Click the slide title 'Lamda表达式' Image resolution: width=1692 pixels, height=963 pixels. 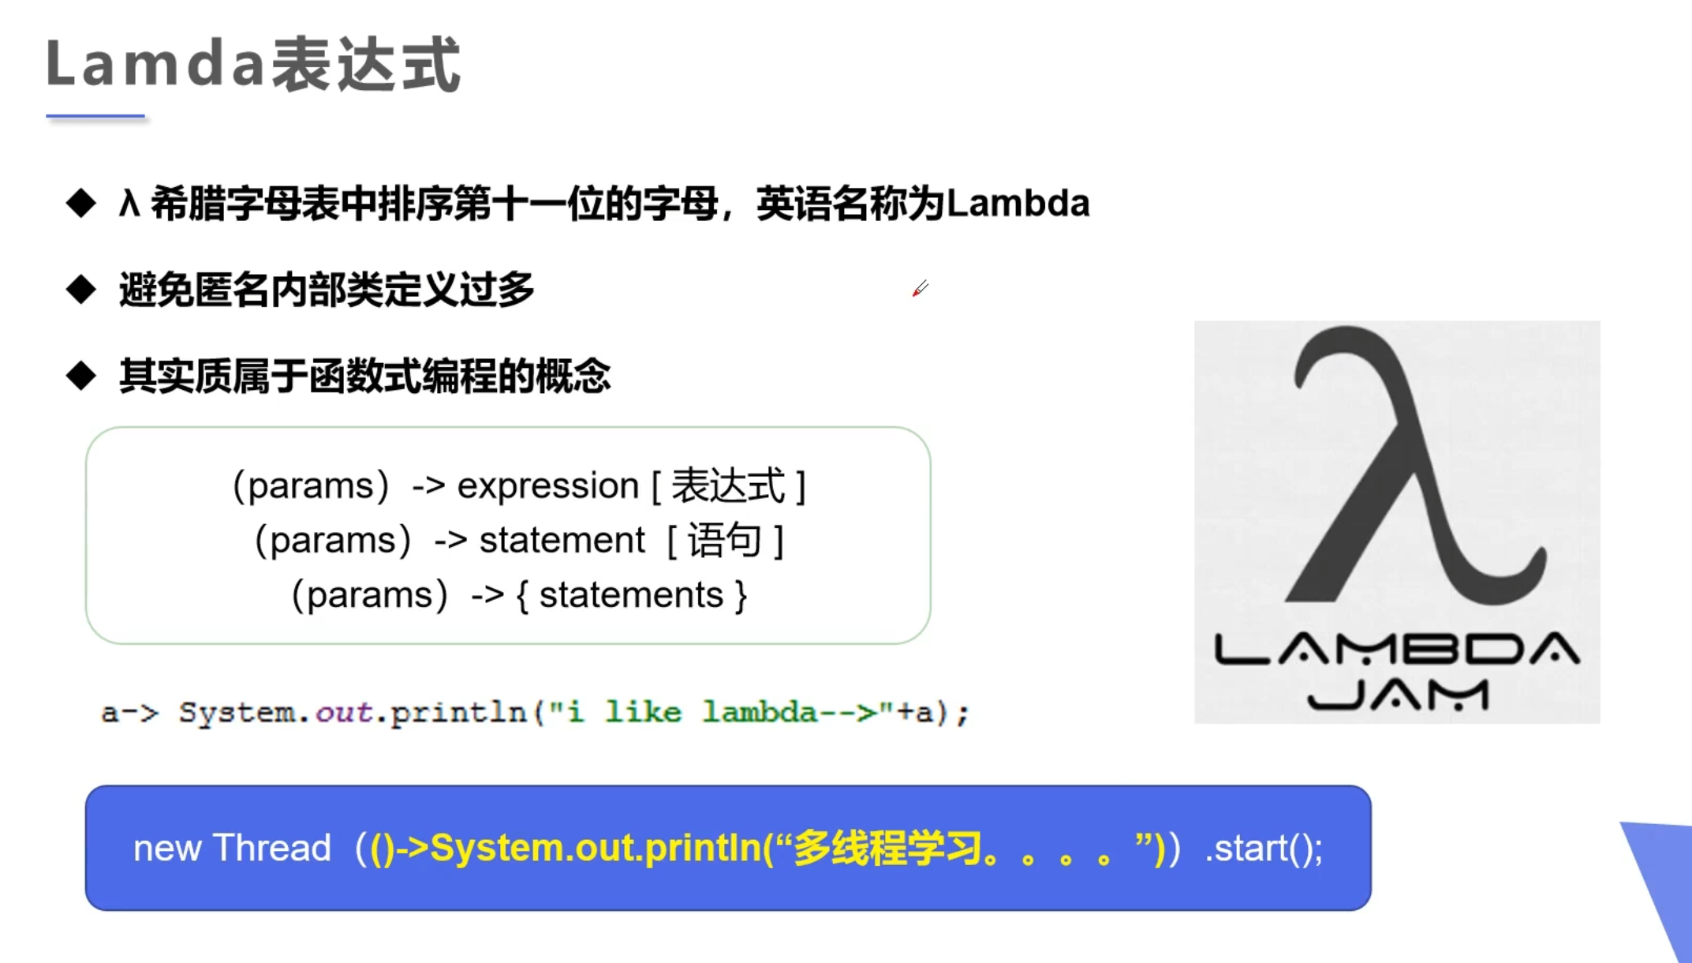coord(253,64)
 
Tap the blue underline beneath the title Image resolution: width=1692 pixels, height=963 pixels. coord(95,116)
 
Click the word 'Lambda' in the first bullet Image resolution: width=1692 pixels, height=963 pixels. coord(1018,203)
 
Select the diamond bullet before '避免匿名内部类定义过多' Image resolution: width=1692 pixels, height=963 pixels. coord(81,289)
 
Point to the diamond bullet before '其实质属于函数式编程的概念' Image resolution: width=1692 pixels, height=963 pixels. coord(81,375)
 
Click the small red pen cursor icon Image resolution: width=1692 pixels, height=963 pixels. coord(920,289)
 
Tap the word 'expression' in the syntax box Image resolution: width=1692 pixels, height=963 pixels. coord(548,486)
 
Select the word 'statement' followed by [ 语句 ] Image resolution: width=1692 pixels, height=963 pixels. coord(562,541)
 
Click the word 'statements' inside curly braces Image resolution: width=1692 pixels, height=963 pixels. coord(631,594)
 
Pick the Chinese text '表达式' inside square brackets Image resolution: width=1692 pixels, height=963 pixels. coord(728,485)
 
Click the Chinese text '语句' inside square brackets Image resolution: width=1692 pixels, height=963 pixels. coord(724,541)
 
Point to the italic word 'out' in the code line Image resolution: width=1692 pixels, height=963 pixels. coord(343,713)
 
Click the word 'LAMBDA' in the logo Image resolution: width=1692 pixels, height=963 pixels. coord(1397,649)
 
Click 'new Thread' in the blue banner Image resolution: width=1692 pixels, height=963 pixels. coord(232,848)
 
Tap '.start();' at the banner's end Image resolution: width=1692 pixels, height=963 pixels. coord(1264,849)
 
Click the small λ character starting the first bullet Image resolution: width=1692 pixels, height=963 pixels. coord(129,203)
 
